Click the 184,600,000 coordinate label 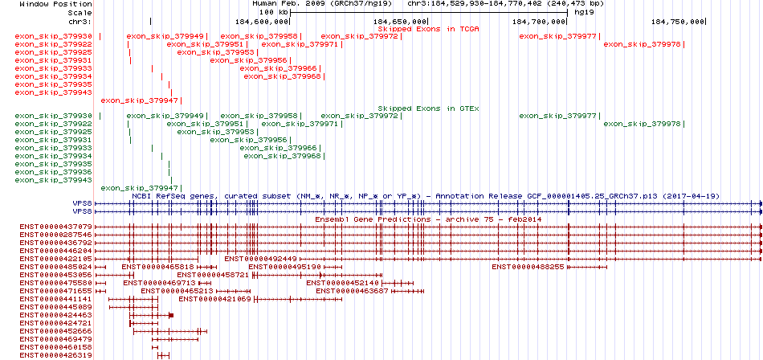tap(262, 22)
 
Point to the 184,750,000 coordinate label tap(677, 22)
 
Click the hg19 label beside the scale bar tap(582, 12)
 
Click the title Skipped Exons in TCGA tap(429, 29)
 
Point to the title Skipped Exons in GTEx tap(429, 108)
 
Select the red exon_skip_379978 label tap(643, 44)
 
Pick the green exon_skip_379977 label tap(557, 116)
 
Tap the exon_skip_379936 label tap(54, 172)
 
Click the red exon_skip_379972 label tap(359, 36)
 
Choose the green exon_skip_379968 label tap(282, 156)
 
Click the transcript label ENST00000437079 tap(56, 227)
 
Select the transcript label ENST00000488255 tap(528, 267)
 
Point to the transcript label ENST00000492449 tap(261, 259)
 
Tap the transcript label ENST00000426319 tap(56, 355)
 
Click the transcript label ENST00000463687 tap(353, 291)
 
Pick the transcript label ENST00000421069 tap(215, 299)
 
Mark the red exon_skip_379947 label tap(139, 100)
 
